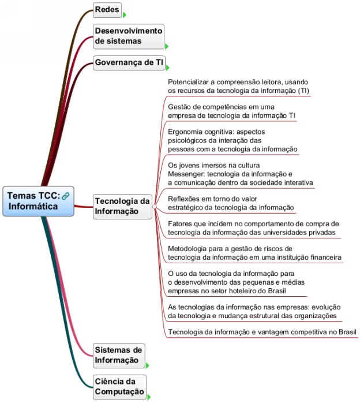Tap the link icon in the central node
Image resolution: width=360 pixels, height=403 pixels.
click(65, 196)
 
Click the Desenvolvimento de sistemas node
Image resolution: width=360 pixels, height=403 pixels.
click(128, 36)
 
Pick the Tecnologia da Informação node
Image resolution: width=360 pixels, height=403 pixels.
click(121, 206)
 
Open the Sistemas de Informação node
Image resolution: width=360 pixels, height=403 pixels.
click(118, 355)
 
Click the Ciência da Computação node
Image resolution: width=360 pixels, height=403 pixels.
click(118, 386)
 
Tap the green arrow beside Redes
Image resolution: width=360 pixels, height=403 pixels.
click(125, 15)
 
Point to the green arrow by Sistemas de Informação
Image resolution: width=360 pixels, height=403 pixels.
click(148, 365)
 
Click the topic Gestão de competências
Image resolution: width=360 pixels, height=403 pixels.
click(231, 111)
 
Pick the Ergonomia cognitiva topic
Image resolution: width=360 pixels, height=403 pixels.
click(232, 140)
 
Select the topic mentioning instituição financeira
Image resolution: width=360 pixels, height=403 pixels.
click(254, 253)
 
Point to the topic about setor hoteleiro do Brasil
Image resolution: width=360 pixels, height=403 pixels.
click(235, 282)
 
